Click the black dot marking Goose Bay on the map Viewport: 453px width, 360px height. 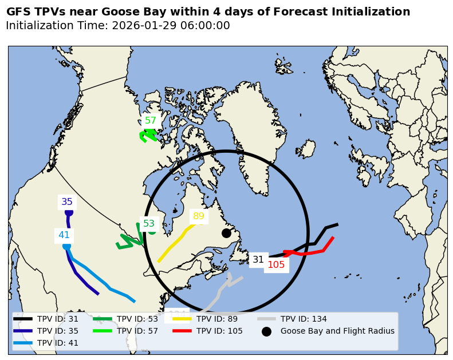pyautogui.click(x=226, y=233)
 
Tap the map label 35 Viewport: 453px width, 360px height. pyautogui.click(x=67, y=202)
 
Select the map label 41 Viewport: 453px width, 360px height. pyautogui.click(x=64, y=235)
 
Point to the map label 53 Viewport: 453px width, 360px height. pyautogui.click(x=149, y=224)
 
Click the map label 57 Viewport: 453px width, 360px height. pyautogui.click(x=151, y=121)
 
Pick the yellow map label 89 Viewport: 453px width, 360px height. pyautogui.click(x=199, y=216)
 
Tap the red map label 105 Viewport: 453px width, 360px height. pyautogui.click(x=276, y=264)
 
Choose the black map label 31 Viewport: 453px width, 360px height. pyautogui.click(x=258, y=260)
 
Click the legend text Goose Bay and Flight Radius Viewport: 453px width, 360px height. pyautogui.click(x=337, y=331)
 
